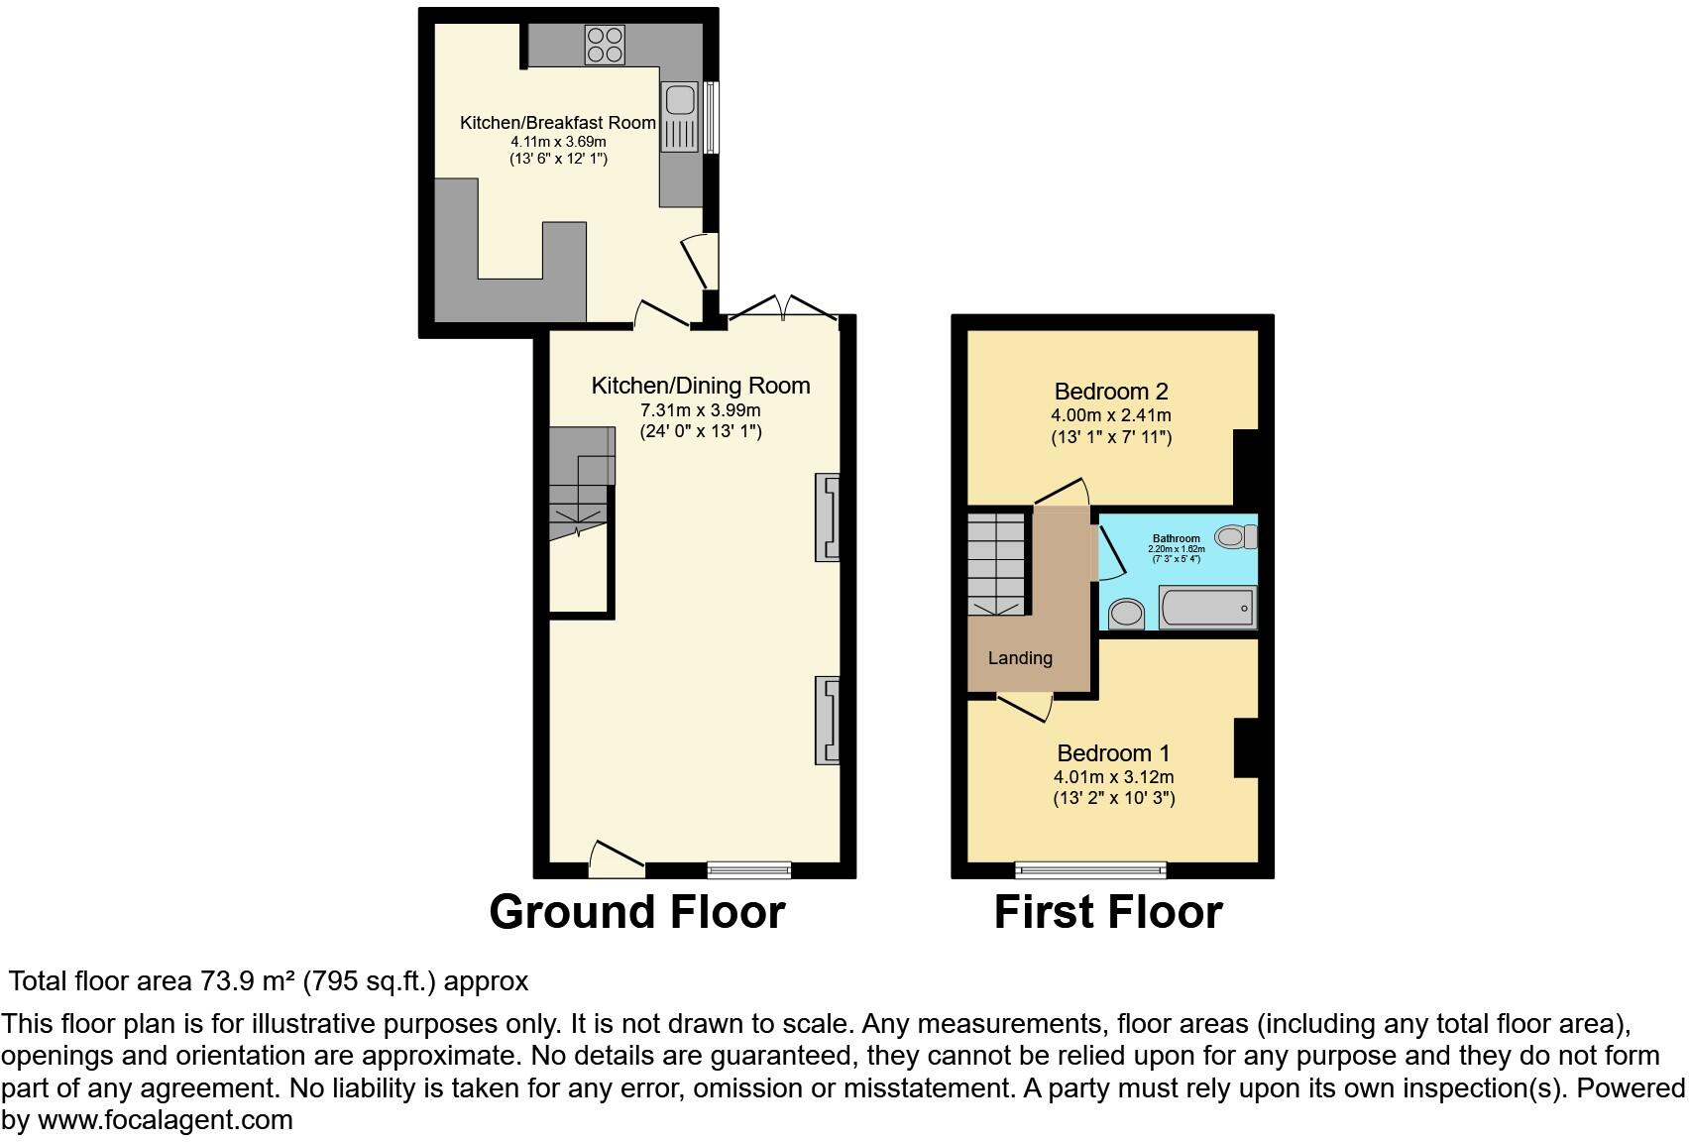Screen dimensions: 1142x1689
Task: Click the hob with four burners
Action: click(605, 44)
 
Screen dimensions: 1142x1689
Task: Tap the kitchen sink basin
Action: click(680, 100)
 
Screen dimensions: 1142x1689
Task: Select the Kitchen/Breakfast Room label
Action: click(557, 123)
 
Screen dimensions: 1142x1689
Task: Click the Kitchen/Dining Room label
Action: click(700, 386)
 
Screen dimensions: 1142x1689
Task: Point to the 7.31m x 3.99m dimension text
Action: click(700, 410)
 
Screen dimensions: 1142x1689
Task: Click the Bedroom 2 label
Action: click(1111, 392)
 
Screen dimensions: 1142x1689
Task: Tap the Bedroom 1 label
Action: click(1113, 753)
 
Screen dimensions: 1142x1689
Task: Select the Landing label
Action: click(1020, 658)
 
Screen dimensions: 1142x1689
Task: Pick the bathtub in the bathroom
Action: click(1208, 607)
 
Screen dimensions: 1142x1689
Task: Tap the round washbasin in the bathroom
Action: click(1125, 614)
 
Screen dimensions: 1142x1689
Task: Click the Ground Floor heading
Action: click(637, 912)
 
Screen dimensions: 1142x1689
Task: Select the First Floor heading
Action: click(1108, 912)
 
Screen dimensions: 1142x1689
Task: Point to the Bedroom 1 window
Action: click(1090, 870)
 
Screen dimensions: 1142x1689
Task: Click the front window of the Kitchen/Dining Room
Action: click(749, 870)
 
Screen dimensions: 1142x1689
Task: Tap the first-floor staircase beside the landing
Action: click(998, 565)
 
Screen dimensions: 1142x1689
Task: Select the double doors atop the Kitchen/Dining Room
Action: click(783, 307)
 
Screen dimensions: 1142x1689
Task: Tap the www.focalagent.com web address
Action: click(166, 1121)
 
